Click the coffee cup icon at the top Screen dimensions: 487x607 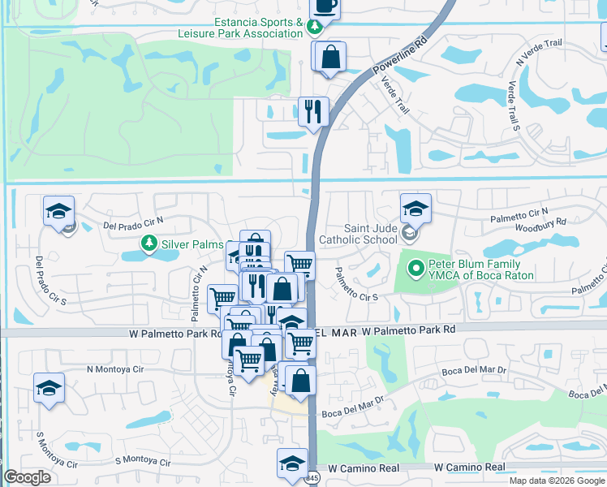325,6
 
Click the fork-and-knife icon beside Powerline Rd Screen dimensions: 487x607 313,111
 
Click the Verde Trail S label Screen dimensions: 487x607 513,106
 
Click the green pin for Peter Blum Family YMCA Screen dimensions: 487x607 415,266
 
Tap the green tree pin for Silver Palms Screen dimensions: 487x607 149,243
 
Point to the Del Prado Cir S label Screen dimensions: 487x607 39,280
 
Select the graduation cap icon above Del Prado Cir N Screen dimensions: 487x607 59,211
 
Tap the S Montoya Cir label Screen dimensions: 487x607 142,461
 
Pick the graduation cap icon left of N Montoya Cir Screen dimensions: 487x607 49,387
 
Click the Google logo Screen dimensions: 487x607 28,477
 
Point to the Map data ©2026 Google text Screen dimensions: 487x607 557,481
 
